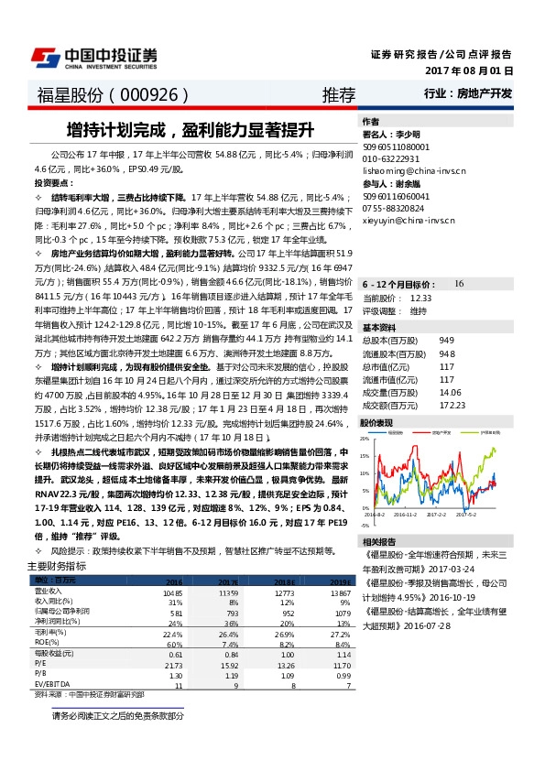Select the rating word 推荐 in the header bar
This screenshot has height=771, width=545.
click(339, 95)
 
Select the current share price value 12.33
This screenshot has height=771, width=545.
click(420, 298)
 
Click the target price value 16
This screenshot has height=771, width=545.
click(459, 285)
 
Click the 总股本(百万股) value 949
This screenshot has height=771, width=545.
click(446, 340)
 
